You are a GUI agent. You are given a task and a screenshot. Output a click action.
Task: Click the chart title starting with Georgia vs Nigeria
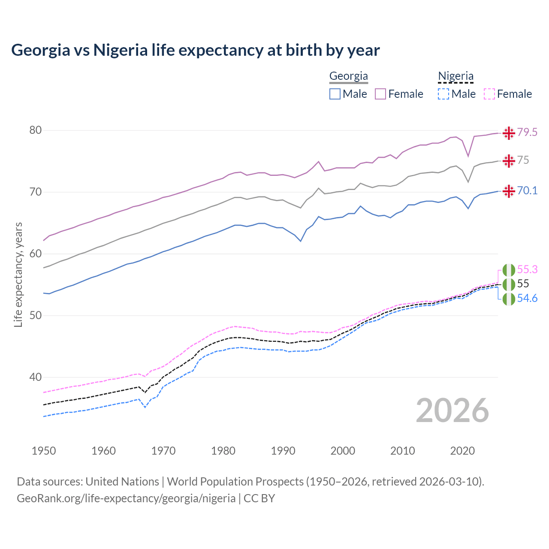pyautogui.click(x=196, y=50)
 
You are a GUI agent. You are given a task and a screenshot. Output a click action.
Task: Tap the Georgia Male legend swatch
pyautogui.click(x=335, y=94)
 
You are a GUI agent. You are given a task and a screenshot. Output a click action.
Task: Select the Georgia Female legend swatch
pyautogui.click(x=380, y=94)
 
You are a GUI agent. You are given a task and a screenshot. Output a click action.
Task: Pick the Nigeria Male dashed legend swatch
pyautogui.click(x=443, y=94)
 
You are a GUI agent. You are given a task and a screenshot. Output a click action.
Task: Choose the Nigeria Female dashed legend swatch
pyautogui.click(x=489, y=94)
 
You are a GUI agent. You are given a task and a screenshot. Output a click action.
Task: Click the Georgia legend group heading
pyautogui.click(x=348, y=76)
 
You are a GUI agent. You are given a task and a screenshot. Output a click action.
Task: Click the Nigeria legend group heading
pyautogui.click(x=455, y=76)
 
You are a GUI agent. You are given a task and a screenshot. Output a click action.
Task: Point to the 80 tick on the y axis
pyautogui.click(x=36, y=130)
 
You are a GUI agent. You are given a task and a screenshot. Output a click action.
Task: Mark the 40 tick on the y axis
pyautogui.click(x=36, y=377)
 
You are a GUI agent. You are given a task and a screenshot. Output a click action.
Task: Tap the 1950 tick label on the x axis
pyautogui.click(x=44, y=451)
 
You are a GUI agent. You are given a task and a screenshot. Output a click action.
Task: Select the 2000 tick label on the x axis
pyautogui.click(x=343, y=451)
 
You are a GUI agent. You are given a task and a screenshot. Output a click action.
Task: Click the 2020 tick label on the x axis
pyautogui.click(x=462, y=451)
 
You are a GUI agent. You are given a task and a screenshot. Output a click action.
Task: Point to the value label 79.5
pyautogui.click(x=527, y=133)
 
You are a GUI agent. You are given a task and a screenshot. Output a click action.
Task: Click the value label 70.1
pyautogui.click(x=527, y=191)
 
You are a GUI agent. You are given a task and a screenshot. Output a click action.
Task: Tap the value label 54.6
pyautogui.click(x=527, y=299)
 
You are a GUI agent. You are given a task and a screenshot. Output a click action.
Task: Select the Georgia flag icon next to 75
pyautogui.click(x=509, y=161)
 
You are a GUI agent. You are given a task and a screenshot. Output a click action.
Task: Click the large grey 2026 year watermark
pyautogui.click(x=452, y=411)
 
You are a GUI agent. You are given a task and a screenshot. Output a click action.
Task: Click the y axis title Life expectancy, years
pyautogui.click(x=18, y=274)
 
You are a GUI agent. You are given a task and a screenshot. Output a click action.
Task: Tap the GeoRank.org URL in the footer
pyautogui.click(x=126, y=498)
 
